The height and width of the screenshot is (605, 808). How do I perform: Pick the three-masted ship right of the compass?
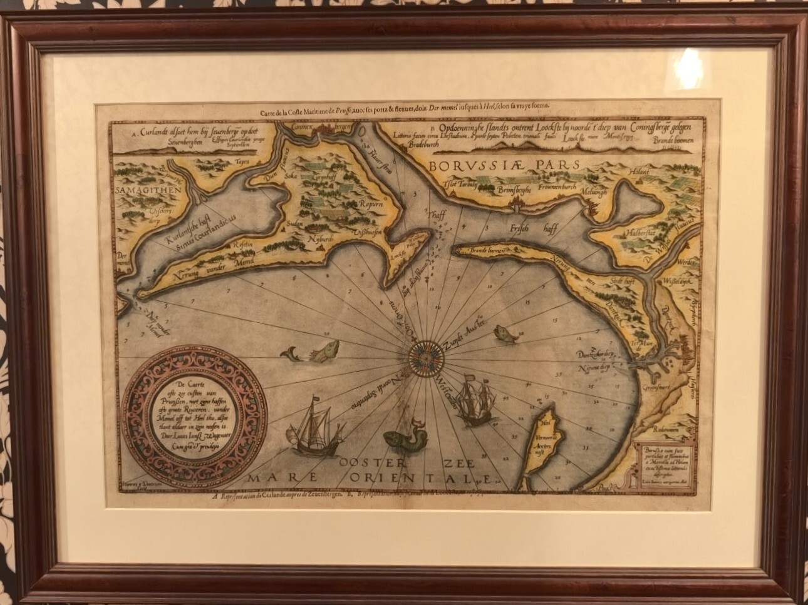[x=471, y=401]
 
